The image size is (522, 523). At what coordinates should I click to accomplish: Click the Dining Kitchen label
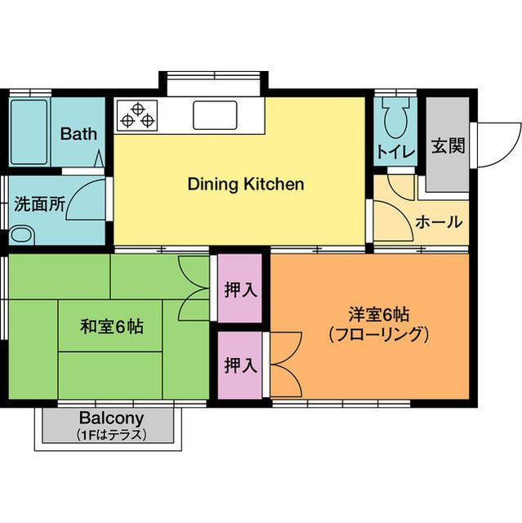click(246, 184)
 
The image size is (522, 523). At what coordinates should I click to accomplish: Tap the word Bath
click(78, 133)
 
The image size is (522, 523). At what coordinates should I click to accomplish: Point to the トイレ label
click(395, 150)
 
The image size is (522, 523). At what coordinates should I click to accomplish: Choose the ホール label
click(439, 221)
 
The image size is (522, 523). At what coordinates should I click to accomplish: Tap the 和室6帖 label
click(112, 327)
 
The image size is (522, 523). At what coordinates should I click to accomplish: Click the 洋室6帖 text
click(378, 315)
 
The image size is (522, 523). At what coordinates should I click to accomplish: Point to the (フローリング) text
click(378, 333)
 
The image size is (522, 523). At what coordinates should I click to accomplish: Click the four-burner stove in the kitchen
click(136, 115)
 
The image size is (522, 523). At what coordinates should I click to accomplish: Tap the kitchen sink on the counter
click(215, 114)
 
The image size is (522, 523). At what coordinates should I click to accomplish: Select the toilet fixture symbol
click(395, 119)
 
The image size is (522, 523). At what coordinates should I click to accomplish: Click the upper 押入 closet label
click(240, 288)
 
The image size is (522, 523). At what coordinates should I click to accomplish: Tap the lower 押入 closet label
click(240, 364)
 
